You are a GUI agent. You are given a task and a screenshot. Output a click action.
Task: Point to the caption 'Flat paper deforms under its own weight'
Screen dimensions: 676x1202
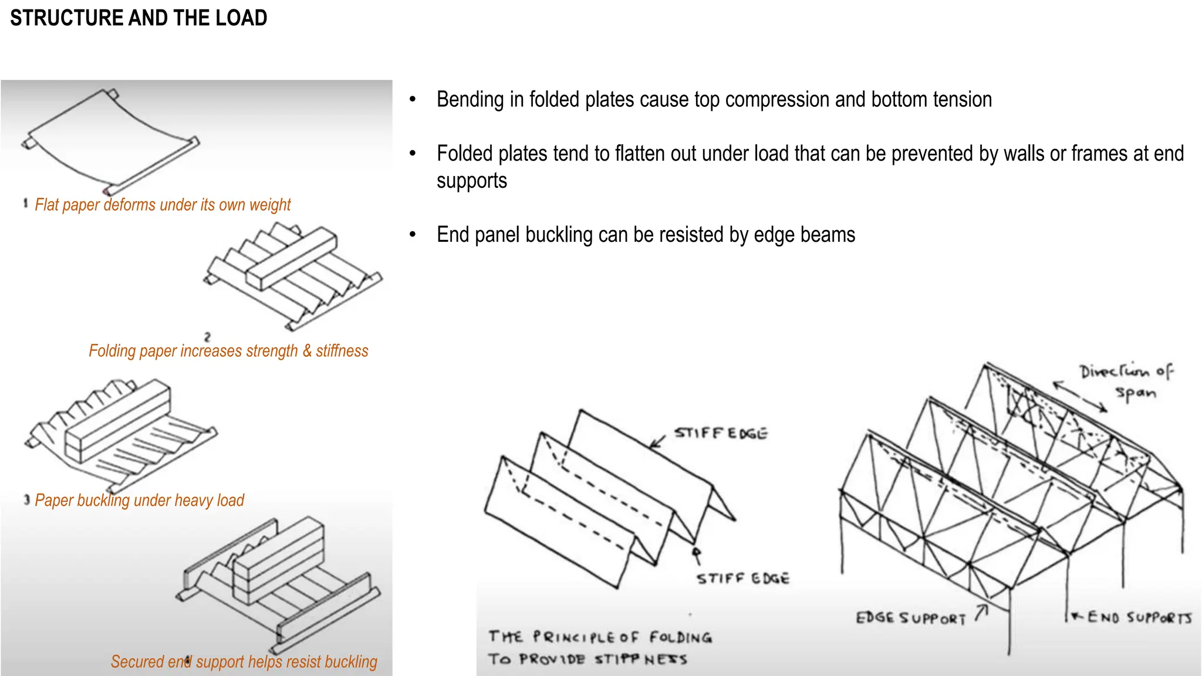[x=162, y=205]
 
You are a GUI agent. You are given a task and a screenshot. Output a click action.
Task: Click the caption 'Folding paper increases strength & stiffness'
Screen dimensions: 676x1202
[x=228, y=351]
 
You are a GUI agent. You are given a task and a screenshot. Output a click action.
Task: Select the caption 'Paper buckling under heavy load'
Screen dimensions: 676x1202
[x=139, y=501]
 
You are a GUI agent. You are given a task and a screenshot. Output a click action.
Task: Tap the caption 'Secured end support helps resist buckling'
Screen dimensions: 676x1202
[x=244, y=662]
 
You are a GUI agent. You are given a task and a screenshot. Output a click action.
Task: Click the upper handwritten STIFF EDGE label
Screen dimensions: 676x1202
[x=721, y=434]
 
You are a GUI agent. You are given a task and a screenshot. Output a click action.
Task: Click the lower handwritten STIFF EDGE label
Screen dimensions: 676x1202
[x=743, y=579]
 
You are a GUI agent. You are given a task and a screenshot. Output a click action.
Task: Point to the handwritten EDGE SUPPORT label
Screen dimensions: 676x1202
[x=910, y=618]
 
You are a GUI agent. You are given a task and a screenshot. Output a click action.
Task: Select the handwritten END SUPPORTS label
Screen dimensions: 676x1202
[x=1139, y=617]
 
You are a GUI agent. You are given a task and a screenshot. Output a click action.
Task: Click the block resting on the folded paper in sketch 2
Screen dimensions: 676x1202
[x=292, y=258]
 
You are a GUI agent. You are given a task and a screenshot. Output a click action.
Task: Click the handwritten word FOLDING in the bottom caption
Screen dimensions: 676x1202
[x=680, y=638]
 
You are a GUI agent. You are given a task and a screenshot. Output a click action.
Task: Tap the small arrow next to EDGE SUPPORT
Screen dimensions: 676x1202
[x=982, y=613]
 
